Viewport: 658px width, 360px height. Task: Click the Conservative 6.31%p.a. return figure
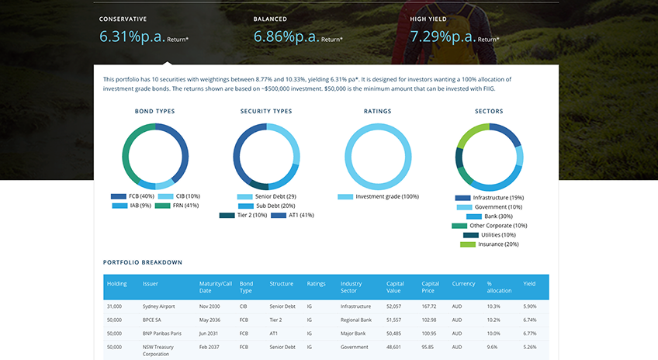(x=132, y=36)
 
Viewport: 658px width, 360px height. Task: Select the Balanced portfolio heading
(x=270, y=19)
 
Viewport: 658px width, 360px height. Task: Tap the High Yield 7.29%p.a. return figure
(x=443, y=36)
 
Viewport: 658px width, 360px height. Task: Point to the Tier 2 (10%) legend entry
(x=243, y=215)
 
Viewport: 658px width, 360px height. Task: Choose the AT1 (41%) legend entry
(x=293, y=215)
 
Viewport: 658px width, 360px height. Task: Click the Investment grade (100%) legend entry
(x=378, y=196)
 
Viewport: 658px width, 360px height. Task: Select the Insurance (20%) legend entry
(x=490, y=244)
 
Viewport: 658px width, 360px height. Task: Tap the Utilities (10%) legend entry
(x=490, y=235)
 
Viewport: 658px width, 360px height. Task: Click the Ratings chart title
(x=378, y=111)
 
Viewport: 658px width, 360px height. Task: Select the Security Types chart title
(x=266, y=111)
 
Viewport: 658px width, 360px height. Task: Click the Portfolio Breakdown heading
(x=143, y=262)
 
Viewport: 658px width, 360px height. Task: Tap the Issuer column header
(x=151, y=284)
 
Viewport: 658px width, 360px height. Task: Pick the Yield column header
(x=529, y=284)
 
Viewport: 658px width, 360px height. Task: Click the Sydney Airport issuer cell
(x=158, y=306)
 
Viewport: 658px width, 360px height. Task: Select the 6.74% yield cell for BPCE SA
(x=530, y=320)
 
